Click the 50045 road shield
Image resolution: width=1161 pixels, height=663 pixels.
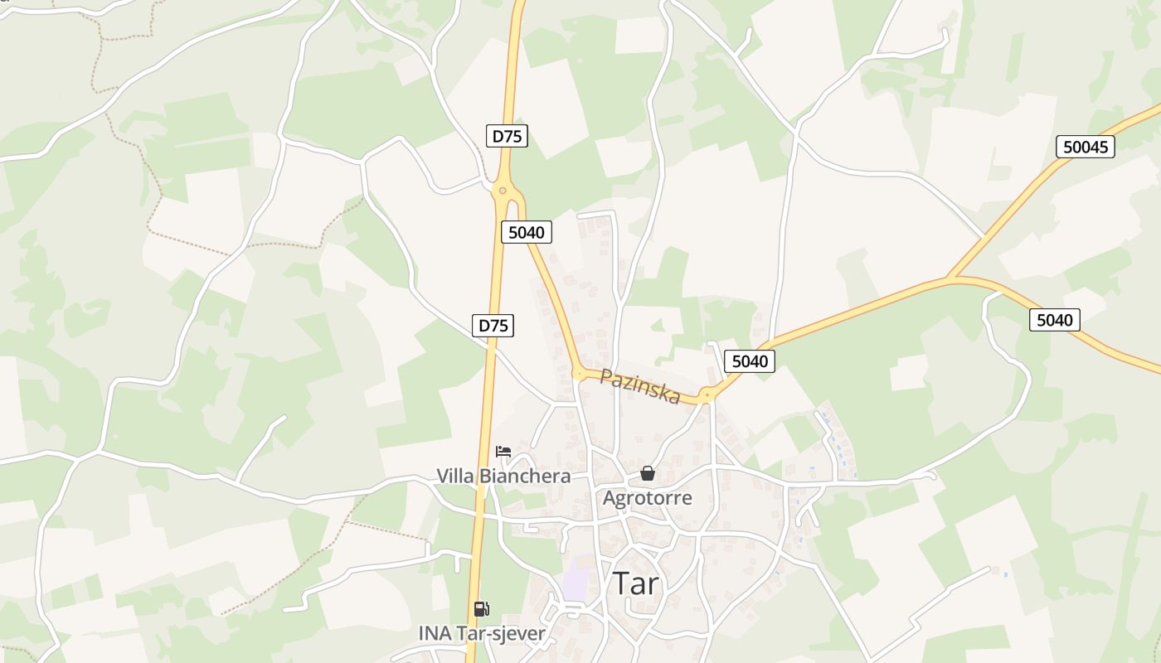pyautogui.click(x=1085, y=147)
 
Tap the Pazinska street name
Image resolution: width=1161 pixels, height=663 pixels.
pyautogui.click(x=639, y=386)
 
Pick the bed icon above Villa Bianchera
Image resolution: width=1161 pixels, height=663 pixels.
pyautogui.click(x=503, y=452)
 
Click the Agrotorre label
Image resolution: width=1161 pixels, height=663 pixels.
pyautogui.click(x=647, y=498)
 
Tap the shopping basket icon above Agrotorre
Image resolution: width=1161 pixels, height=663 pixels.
pyautogui.click(x=647, y=473)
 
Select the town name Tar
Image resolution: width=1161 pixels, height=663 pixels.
pyautogui.click(x=636, y=583)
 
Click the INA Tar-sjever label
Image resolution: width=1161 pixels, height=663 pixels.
pyautogui.click(x=482, y=634)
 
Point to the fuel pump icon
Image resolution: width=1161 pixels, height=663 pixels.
pyautogui.click(x=481, y=609)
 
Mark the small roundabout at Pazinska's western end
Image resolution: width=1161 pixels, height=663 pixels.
pyautogui.click(x=579, y=375)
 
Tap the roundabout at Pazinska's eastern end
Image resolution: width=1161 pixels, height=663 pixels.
pyautogui.click(x=707, y=396)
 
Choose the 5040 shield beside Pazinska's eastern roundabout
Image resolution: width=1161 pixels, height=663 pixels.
pyautogui.click(x=749, y=361)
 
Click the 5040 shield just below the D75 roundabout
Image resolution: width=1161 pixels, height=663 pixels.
pyautogui.click(x=526, y=232)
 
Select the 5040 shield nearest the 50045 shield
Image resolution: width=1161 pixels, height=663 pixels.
pyautogui.click(x=1054, y=319)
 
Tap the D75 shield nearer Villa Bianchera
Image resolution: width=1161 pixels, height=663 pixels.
pyautogui.click(x=493, y=326)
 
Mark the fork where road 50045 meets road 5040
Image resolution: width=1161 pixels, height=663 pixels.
pyautogui.click(x=951, y=277)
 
